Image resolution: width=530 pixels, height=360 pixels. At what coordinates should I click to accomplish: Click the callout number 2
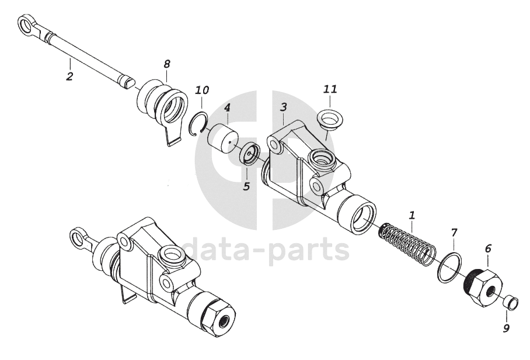point(69,76)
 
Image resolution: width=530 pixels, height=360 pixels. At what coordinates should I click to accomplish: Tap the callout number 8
point(167,63)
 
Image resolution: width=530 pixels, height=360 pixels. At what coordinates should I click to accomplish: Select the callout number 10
point(202,90)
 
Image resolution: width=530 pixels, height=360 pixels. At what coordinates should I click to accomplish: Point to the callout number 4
point(227,108)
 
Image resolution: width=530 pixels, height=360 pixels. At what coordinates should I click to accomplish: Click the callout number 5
point(246,187)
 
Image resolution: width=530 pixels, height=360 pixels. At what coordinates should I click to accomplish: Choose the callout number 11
point(330,89)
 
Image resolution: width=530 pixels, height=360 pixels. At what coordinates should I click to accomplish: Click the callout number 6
point(488,247)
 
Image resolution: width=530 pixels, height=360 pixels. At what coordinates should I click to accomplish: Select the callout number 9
point(506,328)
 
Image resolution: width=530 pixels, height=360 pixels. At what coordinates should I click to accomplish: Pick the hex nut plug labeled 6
point(482,287)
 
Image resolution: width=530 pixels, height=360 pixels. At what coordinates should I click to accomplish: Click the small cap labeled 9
point(510,303)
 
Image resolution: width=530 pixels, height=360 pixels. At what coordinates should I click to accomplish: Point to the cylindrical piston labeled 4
point(223,138)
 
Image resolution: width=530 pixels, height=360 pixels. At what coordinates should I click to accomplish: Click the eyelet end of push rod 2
point(26,25)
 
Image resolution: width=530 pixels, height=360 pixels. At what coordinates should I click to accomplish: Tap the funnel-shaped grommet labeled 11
point(332,119)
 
